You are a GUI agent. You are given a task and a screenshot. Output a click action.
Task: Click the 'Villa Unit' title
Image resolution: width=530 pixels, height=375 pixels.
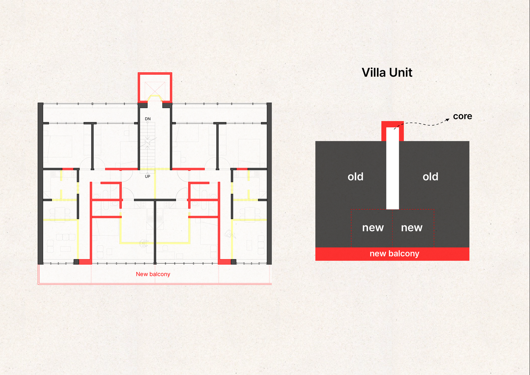pos(387,73)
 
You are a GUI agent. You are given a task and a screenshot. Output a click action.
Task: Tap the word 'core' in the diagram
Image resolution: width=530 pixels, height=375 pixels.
pos(462,116)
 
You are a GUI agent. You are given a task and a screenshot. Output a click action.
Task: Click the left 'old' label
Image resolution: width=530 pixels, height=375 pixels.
pos(355,177)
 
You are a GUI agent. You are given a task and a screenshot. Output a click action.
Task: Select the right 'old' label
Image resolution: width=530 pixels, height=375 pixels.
pos(430,177)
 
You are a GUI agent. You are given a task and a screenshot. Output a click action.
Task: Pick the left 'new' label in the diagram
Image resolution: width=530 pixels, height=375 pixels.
pos(373,228)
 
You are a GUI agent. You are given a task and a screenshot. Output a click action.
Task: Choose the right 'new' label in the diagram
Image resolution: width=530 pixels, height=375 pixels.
pos(412,228)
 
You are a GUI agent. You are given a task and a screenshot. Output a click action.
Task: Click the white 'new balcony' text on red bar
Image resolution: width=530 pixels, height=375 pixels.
pos(394,254)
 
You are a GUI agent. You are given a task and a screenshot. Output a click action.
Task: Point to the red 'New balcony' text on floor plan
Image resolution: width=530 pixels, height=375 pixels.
pos(153,274)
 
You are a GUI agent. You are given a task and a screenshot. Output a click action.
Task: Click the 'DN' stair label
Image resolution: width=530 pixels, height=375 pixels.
pos(148,119)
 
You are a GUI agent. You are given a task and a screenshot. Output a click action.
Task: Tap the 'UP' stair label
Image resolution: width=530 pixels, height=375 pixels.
pos(148,176)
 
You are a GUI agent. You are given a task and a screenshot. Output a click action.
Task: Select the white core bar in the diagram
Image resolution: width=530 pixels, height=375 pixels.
pos(393,172)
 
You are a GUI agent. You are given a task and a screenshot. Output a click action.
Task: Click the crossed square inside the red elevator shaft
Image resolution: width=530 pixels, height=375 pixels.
pos(155,89)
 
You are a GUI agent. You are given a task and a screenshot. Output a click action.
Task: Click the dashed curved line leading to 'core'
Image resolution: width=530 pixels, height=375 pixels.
pos(421,124)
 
